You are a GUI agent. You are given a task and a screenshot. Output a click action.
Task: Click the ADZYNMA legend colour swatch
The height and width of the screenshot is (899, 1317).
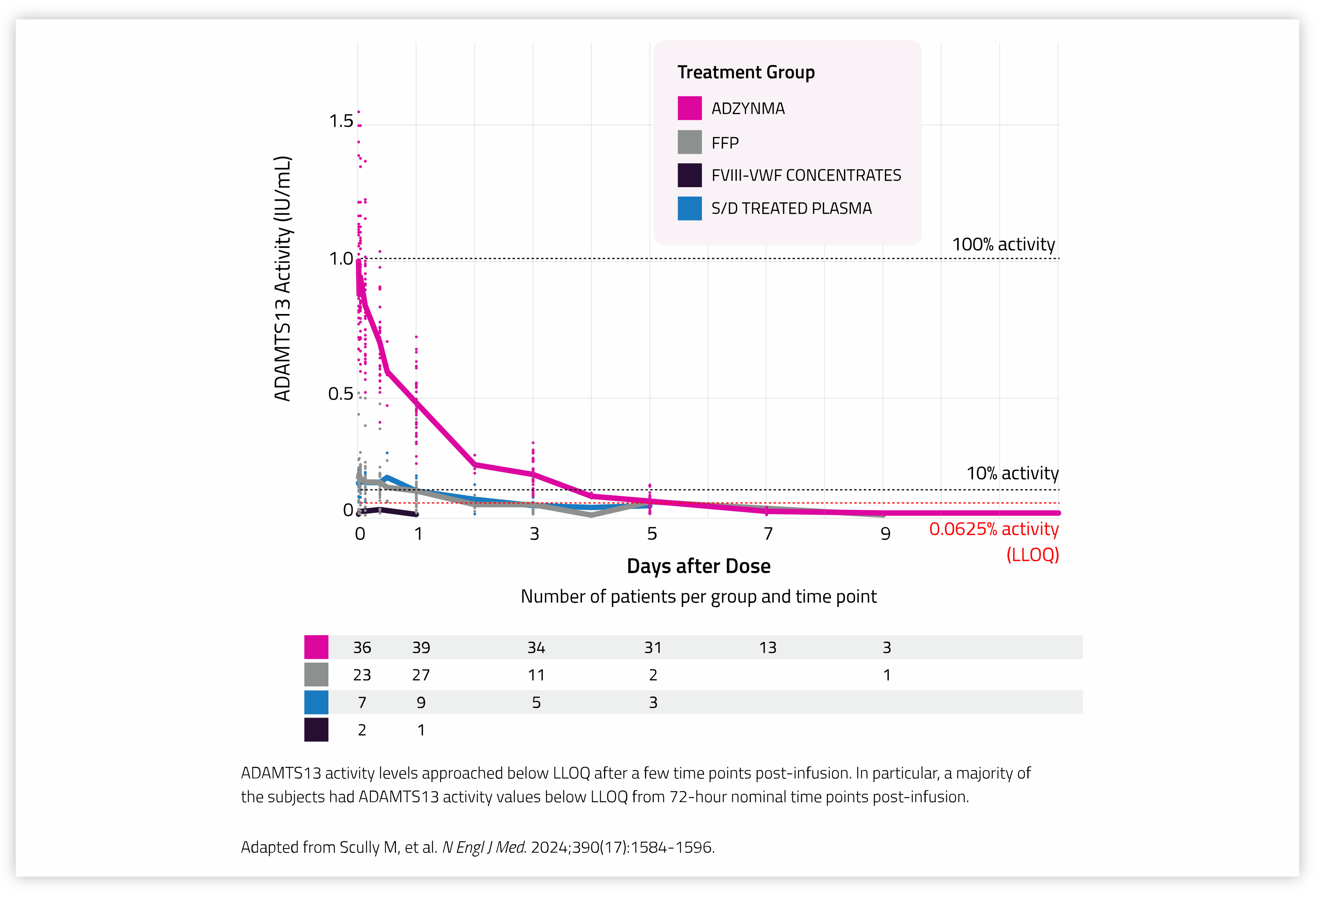tap(689, 108)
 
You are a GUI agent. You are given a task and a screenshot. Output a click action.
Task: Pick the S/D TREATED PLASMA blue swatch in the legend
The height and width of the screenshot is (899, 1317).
tap(689, 208)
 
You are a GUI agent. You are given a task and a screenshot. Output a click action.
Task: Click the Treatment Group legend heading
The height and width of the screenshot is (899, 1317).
tap(746, 73)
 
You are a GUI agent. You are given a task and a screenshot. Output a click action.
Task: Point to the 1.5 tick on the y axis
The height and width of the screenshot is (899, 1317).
tap(341, 121)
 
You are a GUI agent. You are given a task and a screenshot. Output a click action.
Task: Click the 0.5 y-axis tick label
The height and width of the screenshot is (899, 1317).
tap(340, 394)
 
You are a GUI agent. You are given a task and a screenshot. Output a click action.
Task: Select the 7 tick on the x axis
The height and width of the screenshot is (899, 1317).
tap(768, 534)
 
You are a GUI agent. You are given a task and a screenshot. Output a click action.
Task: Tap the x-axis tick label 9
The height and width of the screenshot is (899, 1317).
tap(885, 534)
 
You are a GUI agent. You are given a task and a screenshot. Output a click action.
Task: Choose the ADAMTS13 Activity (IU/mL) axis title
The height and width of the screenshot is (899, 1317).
tap(282, 279)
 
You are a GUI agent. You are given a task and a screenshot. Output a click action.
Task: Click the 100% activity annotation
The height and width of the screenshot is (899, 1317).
tap(1003, 244)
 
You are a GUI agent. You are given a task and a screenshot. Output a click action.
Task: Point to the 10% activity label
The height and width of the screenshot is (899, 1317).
tap(1012, 473)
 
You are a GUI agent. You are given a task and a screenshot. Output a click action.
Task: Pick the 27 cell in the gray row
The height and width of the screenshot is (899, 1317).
tap(421, 675)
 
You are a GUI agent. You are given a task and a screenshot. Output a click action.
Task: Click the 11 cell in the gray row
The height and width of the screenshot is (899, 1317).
tap(536, 675)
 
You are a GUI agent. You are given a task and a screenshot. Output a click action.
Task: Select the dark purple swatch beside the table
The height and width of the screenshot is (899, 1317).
tap(316, 730)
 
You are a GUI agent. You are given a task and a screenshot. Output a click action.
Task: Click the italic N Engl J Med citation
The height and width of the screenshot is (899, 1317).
tap(483, 847)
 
